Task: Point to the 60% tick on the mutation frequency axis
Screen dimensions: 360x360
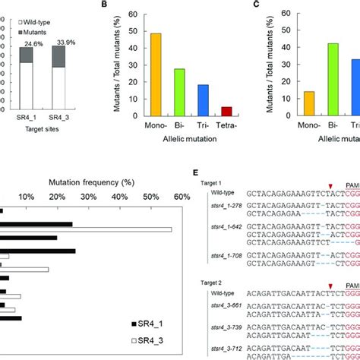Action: [x=182, y=198]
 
